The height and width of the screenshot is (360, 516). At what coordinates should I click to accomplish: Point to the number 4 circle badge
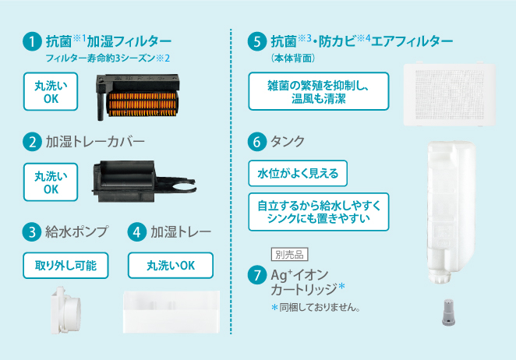pos(137,231)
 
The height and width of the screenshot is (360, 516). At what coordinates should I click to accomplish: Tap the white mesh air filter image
pos(455,94)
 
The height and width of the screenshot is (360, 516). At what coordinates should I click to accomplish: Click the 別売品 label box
pos(289,254)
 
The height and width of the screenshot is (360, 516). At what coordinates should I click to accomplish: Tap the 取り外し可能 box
pos(66,266)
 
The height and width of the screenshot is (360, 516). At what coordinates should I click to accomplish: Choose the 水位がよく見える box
pos(297,172)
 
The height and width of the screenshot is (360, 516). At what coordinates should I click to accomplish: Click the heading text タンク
pos(287,142)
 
